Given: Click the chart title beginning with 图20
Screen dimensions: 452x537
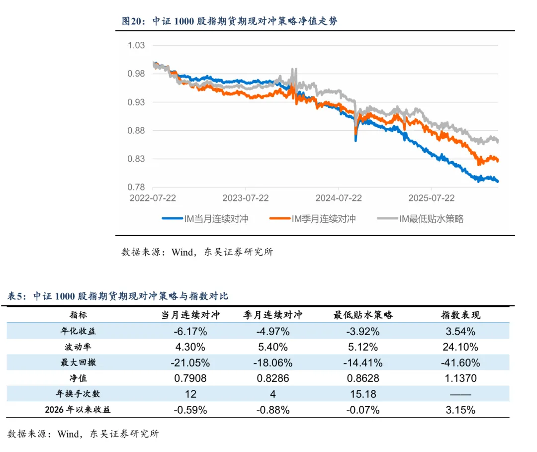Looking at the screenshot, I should [230, 21].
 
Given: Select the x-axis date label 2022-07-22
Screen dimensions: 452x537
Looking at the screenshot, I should [153, 198].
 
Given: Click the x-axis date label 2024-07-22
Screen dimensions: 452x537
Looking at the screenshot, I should [339, 198].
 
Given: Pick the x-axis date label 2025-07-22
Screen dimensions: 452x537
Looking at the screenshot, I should [432, 198].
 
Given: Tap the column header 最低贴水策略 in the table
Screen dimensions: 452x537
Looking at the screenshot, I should [363, 315].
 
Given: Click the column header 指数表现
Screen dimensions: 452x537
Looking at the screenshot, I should [461, 315].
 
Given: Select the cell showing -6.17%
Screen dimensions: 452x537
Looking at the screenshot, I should [190, 331].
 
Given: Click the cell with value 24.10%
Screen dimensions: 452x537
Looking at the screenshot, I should [460, 347].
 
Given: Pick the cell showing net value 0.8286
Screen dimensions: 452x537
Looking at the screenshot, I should [272, 378].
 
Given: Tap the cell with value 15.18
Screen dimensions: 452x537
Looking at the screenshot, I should [363, 394].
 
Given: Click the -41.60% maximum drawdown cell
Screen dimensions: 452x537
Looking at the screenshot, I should [460, 362].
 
